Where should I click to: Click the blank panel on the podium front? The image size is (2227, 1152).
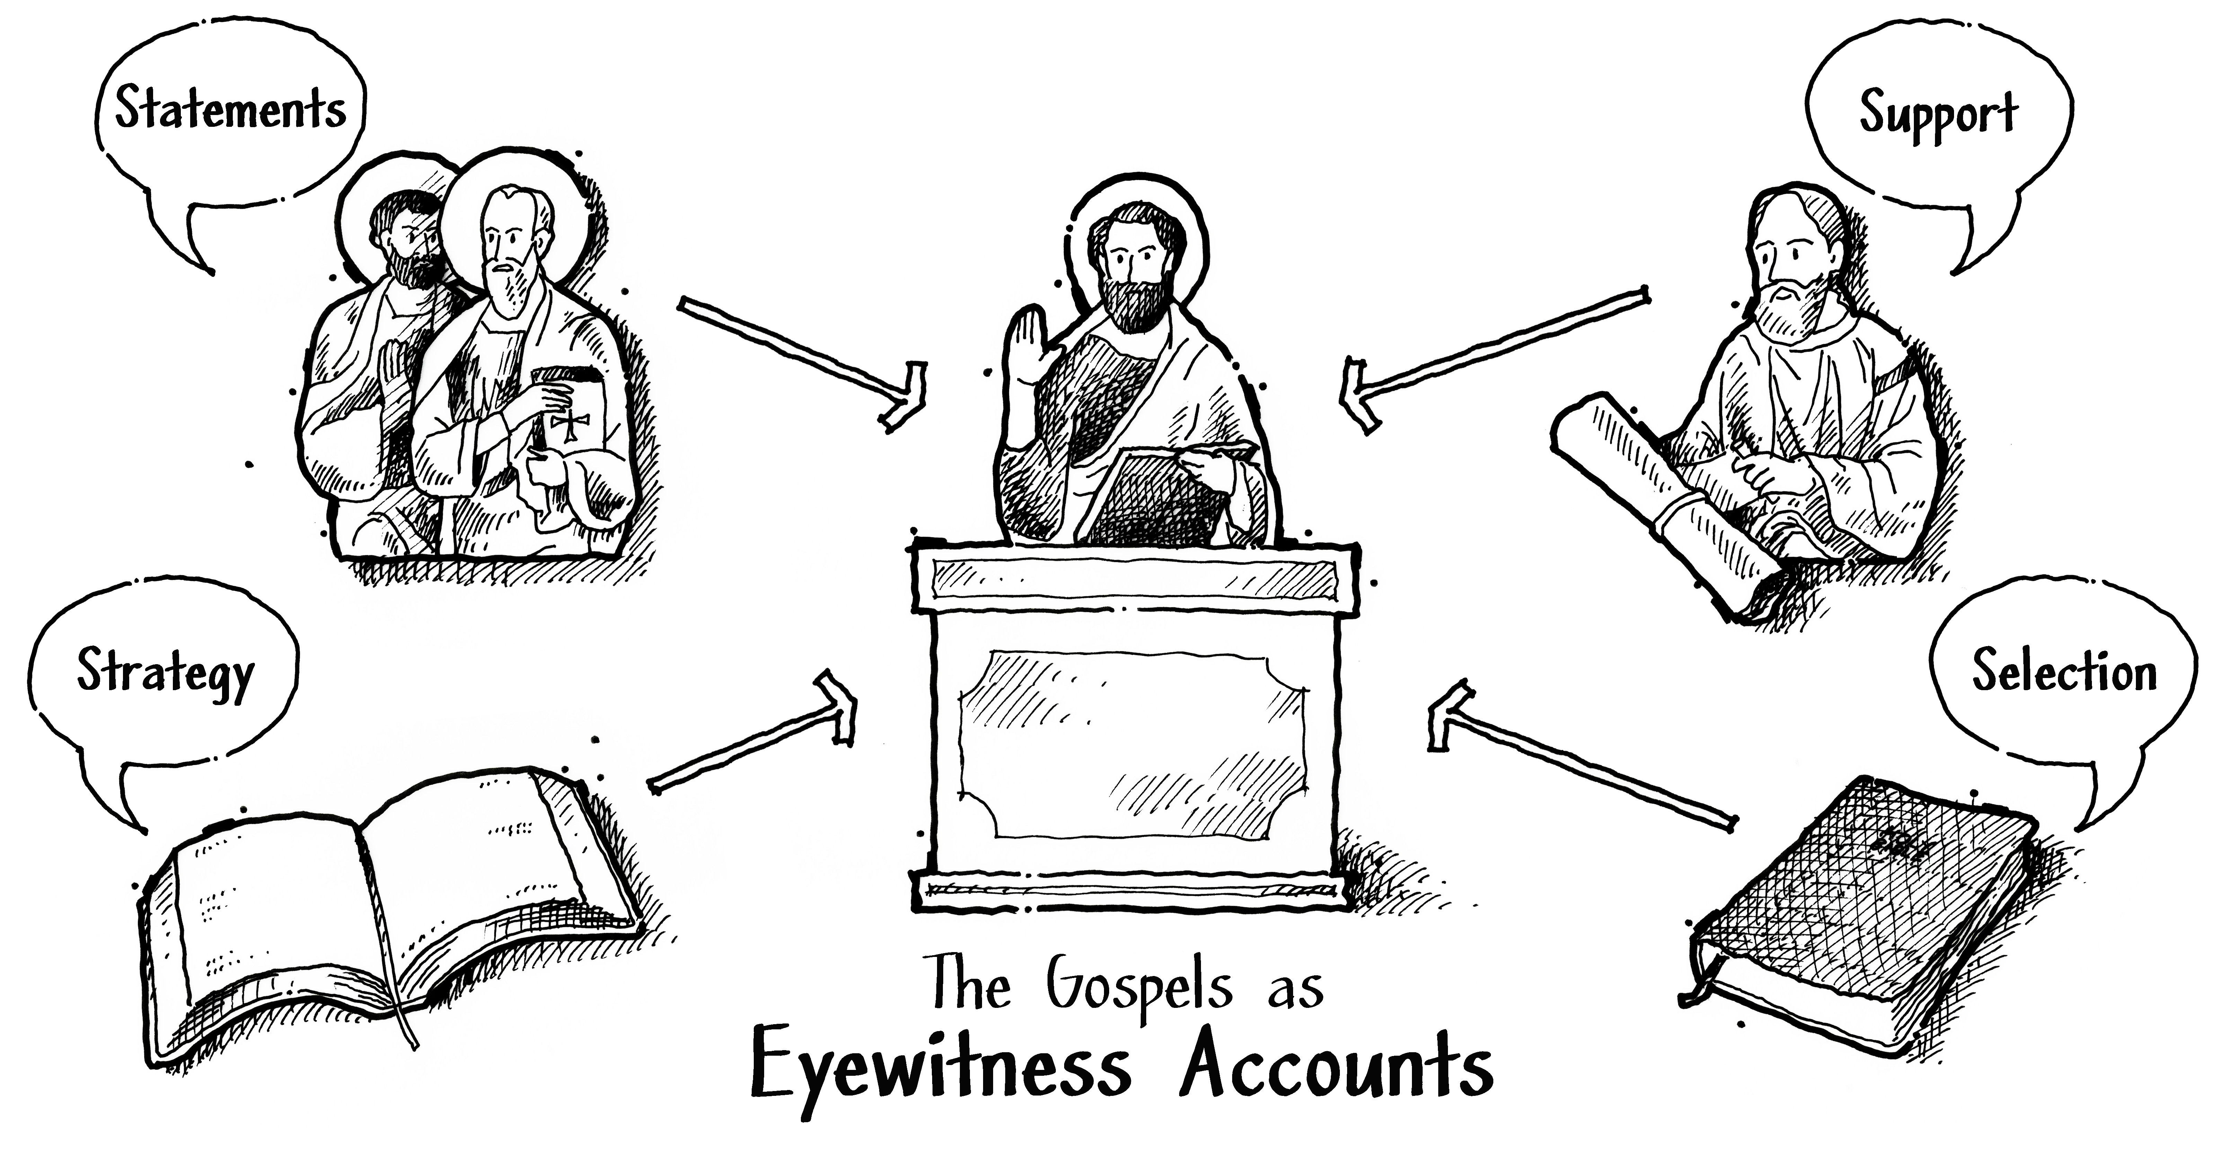[x=1132, y=744]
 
